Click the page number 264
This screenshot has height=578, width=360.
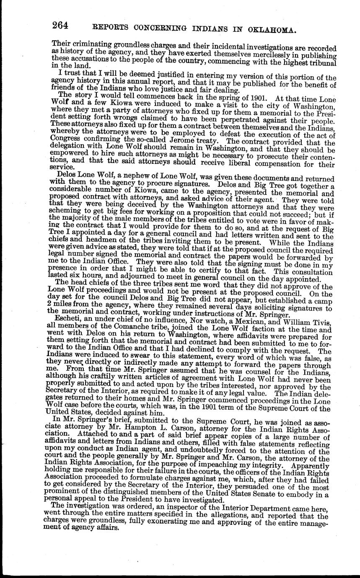[x=60, y=26]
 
